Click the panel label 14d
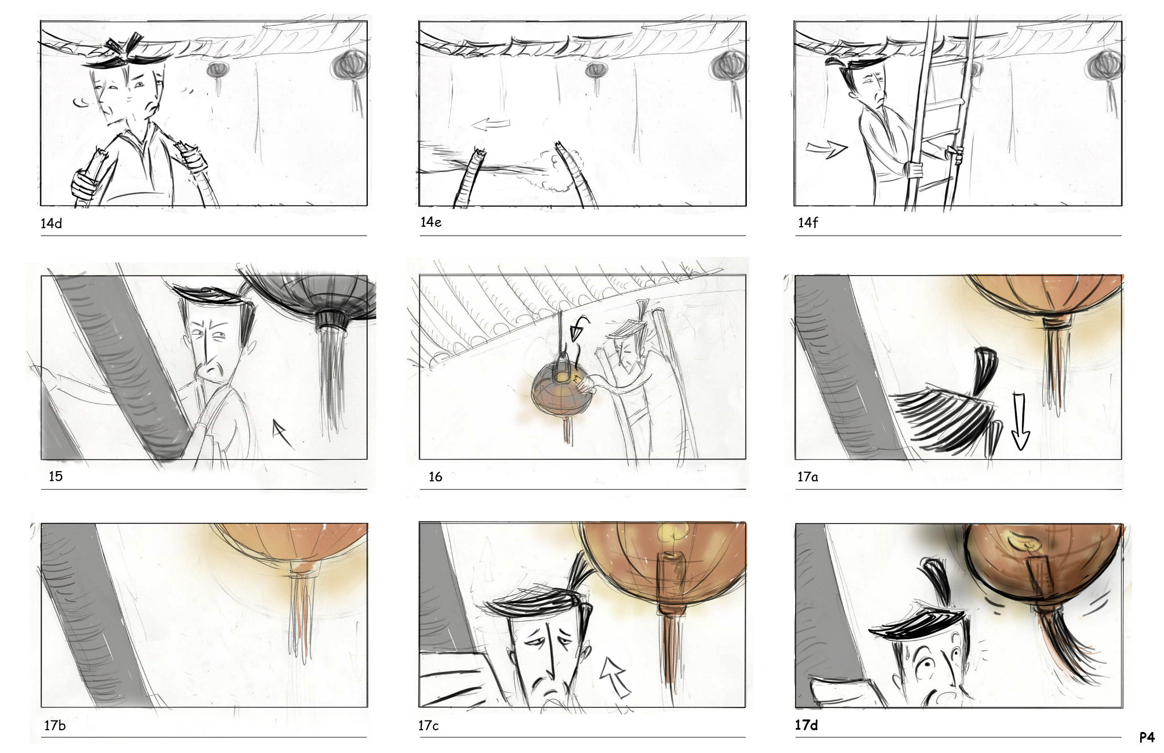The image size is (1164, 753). [51, 223]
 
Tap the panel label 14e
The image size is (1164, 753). [431, 222]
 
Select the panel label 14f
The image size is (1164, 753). [808, 223]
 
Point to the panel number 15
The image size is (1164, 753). [56, 476]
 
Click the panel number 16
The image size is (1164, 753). [435, 477]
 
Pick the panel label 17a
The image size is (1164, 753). [808, 477]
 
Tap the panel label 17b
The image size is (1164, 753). [55, 726]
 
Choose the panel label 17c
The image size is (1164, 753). [429, 726]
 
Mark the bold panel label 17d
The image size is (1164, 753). [807, 725]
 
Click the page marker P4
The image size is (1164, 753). [1147, 738]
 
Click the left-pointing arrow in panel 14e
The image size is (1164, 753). [491, 123]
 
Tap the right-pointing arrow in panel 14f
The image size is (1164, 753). [827, 149]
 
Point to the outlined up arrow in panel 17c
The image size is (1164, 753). [616, 676]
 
